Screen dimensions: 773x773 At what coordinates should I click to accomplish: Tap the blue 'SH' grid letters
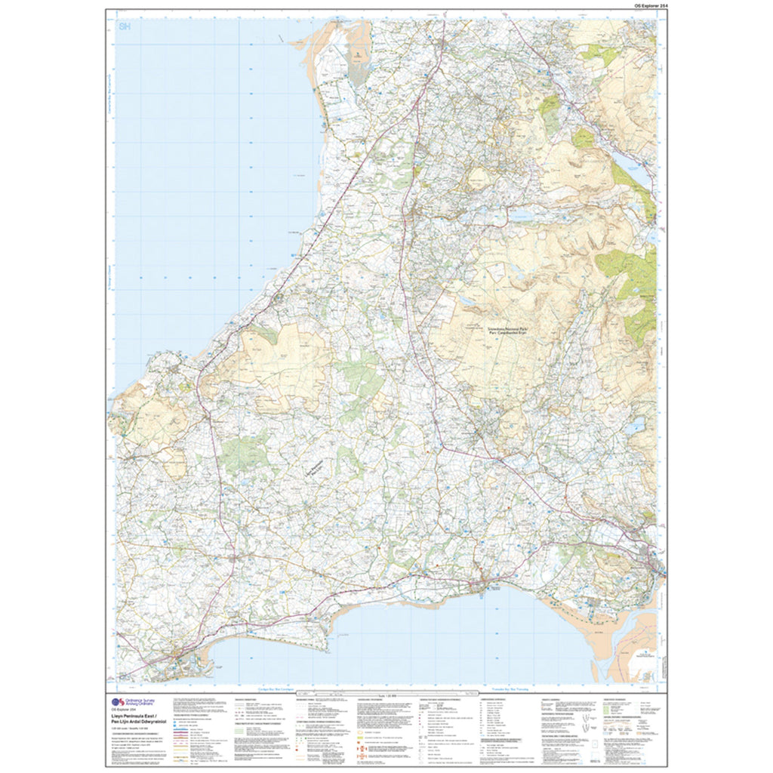[125, 27]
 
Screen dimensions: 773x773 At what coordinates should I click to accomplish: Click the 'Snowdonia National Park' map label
[499, 330]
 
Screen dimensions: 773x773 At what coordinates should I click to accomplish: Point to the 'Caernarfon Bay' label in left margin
[110, 113]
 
